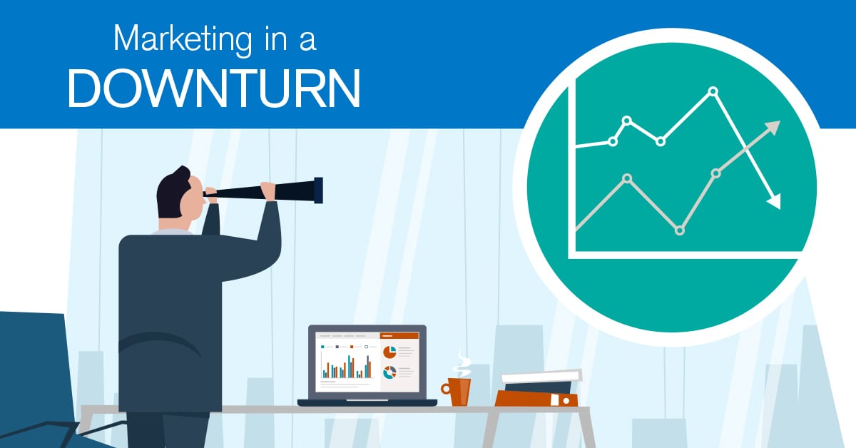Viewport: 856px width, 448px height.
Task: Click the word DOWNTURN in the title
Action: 215,88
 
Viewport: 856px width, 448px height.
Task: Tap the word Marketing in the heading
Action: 183,39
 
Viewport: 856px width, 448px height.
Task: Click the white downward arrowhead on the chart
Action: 774,201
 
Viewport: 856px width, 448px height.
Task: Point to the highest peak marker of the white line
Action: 713,91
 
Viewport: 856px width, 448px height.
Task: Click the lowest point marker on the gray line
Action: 679,231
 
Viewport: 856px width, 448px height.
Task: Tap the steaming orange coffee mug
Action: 457,391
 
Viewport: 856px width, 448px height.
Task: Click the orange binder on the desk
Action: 536,399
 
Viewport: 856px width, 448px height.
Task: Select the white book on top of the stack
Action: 542,376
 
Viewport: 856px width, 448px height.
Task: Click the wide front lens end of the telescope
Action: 318,190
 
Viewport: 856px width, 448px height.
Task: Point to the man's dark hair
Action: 172,193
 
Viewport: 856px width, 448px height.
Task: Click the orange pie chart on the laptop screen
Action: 389,352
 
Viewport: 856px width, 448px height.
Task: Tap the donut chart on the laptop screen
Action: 389,372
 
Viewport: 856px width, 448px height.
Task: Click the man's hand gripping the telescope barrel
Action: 269,191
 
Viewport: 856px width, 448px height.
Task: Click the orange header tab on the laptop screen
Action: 399,335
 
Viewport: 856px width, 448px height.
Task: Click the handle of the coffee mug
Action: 446,389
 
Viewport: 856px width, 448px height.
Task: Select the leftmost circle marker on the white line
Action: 613,142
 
